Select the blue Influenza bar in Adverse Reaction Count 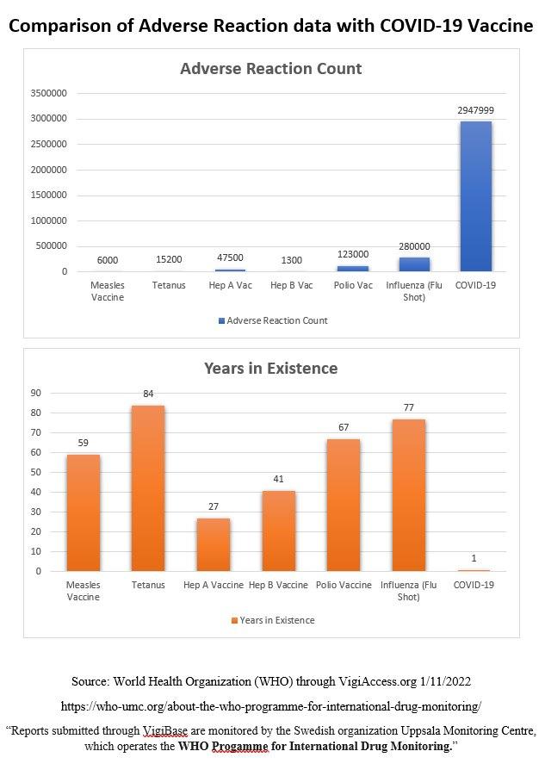pyautogui.click(x=412, y=264)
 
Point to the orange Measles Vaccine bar pyautogui.click(x=84, y=512)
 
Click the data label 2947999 pyautogui.click(x=475, y=110)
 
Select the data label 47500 pyautogui.click(x=230, y=258)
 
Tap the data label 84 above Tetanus pyautogui.click(x=148, y=394)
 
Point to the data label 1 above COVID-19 pyautogui.click(x=474, y=558)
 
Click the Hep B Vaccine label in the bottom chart pyautogui.click(x=278, y=585)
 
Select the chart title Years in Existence pyautogui.click(x=270, y=369)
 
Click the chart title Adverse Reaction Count pyautogui.click(x=270, y=69)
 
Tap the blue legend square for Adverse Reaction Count pyautogui.click(x=221, y=320)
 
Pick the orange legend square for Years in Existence pyautogui.click(x=233, y=620)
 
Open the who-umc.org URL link pyautogui.click(x=270, y=706)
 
